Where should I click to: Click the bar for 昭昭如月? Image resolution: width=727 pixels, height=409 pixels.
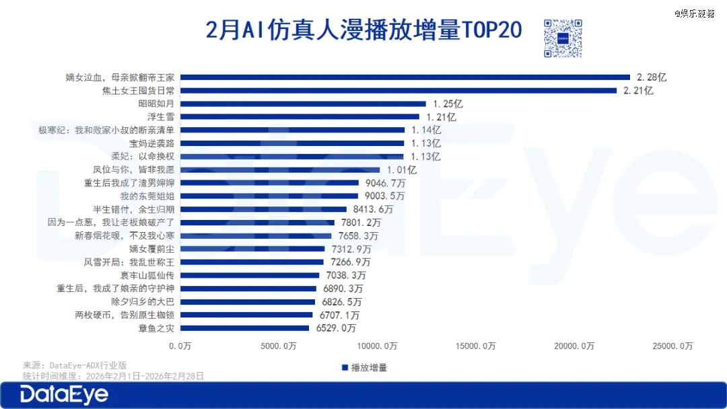(303, 104)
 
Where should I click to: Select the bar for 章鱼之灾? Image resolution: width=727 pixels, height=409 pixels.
(244, 328)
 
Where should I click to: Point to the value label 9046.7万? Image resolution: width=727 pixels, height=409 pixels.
(383, 183)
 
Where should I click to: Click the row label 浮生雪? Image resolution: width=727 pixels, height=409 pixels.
(160, 117)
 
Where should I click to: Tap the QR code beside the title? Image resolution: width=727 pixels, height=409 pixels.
(562, 38)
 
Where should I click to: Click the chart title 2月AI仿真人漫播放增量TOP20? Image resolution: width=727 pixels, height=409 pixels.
(363, 31)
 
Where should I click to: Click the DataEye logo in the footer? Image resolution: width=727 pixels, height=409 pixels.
(64, 396)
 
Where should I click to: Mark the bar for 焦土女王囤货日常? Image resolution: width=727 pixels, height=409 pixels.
(399, 90)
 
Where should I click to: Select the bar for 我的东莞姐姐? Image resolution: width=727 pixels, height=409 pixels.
(269, 196)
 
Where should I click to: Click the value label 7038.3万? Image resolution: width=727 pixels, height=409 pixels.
(344, 275)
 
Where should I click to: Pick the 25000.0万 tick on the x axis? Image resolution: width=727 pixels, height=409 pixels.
(672, 346)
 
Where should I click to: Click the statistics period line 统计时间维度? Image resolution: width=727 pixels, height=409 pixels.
(113, 376)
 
